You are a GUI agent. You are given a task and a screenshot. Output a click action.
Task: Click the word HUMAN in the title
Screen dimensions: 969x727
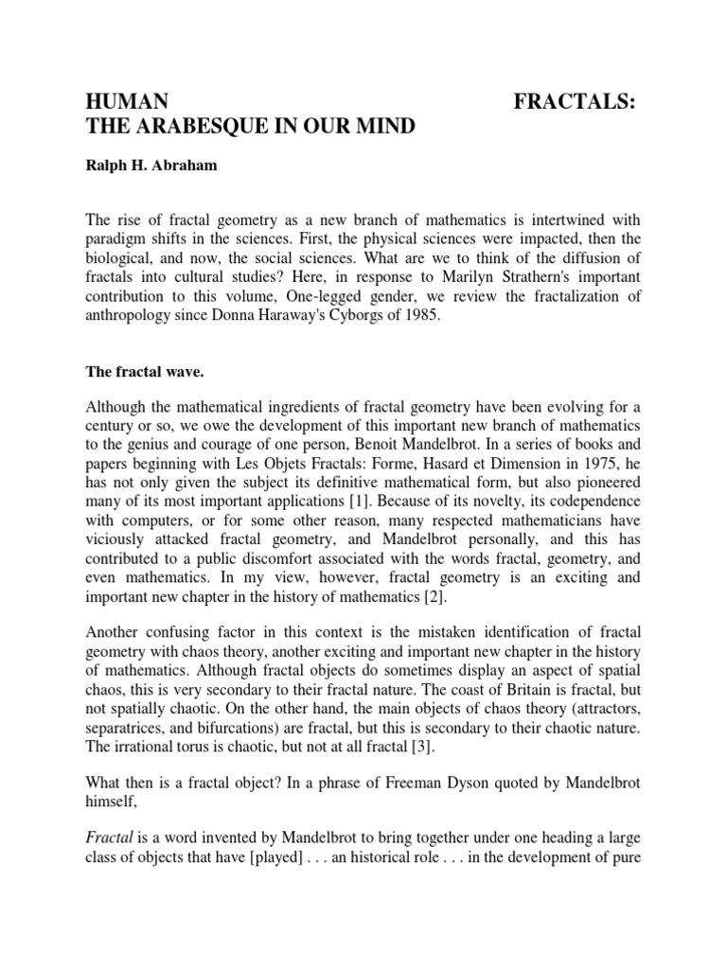(x=128, y=102)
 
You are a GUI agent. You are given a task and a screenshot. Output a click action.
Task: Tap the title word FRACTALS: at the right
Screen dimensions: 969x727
(x=574, y=102)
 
